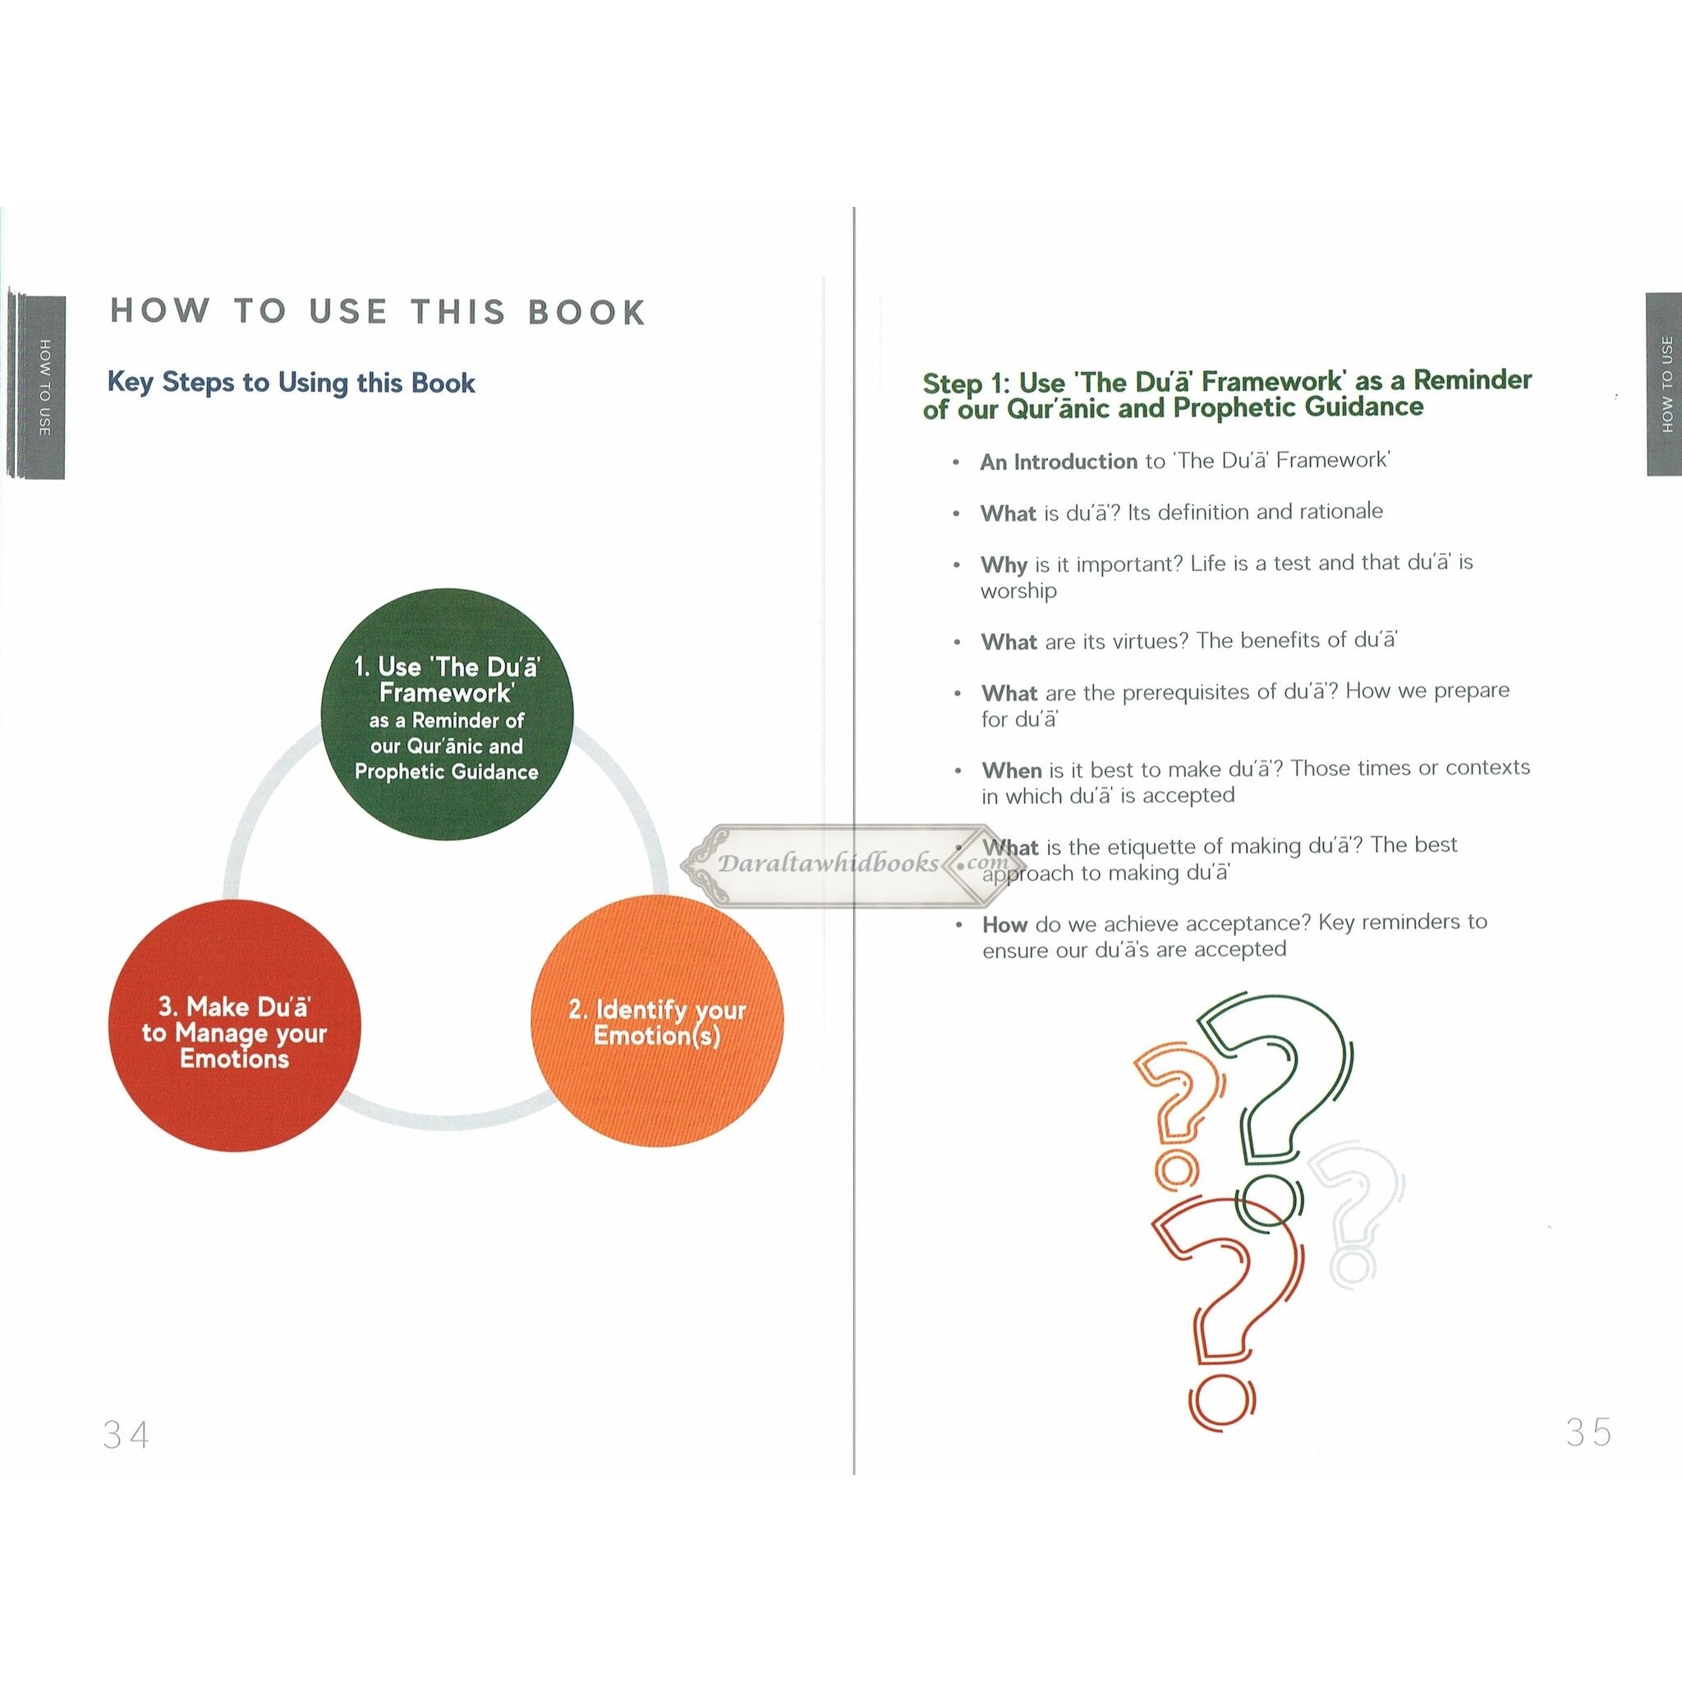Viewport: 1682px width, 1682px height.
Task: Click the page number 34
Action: click(126, 1434)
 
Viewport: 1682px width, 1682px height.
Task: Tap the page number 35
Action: click(1589, 1432)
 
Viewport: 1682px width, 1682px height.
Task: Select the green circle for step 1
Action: click(448, 715)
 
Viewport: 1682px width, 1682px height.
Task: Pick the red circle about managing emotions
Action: click(234, 1026)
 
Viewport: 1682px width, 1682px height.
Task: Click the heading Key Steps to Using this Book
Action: click(291, 382)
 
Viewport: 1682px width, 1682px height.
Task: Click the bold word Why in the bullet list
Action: click(1004, 565)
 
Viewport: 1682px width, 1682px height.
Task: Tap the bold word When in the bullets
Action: click(1012, 770)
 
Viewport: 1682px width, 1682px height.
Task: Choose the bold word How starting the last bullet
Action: click(1004, 925)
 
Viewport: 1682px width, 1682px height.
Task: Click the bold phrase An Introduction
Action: click(1059, 462)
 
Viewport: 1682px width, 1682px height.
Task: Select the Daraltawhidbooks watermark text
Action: click(828, 863)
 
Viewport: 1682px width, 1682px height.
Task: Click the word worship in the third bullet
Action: click(1018, 591)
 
